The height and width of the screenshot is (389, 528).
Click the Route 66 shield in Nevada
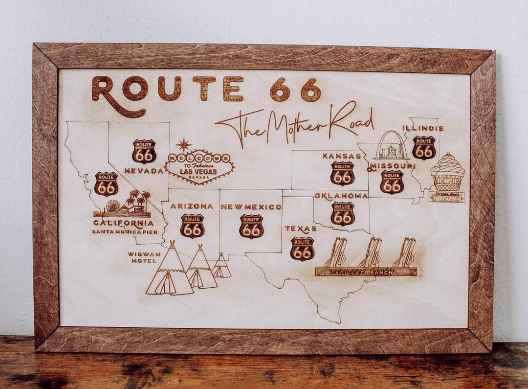pos(144,151)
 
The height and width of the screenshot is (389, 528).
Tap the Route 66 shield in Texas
pos(302,249)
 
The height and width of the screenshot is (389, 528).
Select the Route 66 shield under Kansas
pos(342,173)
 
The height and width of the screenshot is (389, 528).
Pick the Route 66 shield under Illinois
pos(423,148)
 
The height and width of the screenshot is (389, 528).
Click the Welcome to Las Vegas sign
pos(199,166)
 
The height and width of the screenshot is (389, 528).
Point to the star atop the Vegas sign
pos(184,144)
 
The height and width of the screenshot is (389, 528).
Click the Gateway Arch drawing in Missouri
pos(391,146)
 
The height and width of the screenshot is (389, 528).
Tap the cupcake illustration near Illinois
pos(447,171)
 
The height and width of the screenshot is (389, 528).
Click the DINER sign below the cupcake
pos(446,198)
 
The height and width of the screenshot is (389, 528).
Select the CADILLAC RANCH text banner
pos(366,272)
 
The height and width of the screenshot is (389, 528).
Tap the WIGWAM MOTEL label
pos(144,257)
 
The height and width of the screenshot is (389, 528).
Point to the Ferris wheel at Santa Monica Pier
pos(113,206)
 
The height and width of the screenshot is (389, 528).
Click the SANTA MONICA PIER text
pos(125,231)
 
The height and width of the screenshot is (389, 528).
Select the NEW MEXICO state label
pos(251,207)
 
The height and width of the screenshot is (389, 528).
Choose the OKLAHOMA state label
pos(341,196)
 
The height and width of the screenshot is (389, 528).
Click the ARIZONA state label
pos(192,206)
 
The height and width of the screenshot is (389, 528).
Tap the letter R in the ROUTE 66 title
pos(107,91)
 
